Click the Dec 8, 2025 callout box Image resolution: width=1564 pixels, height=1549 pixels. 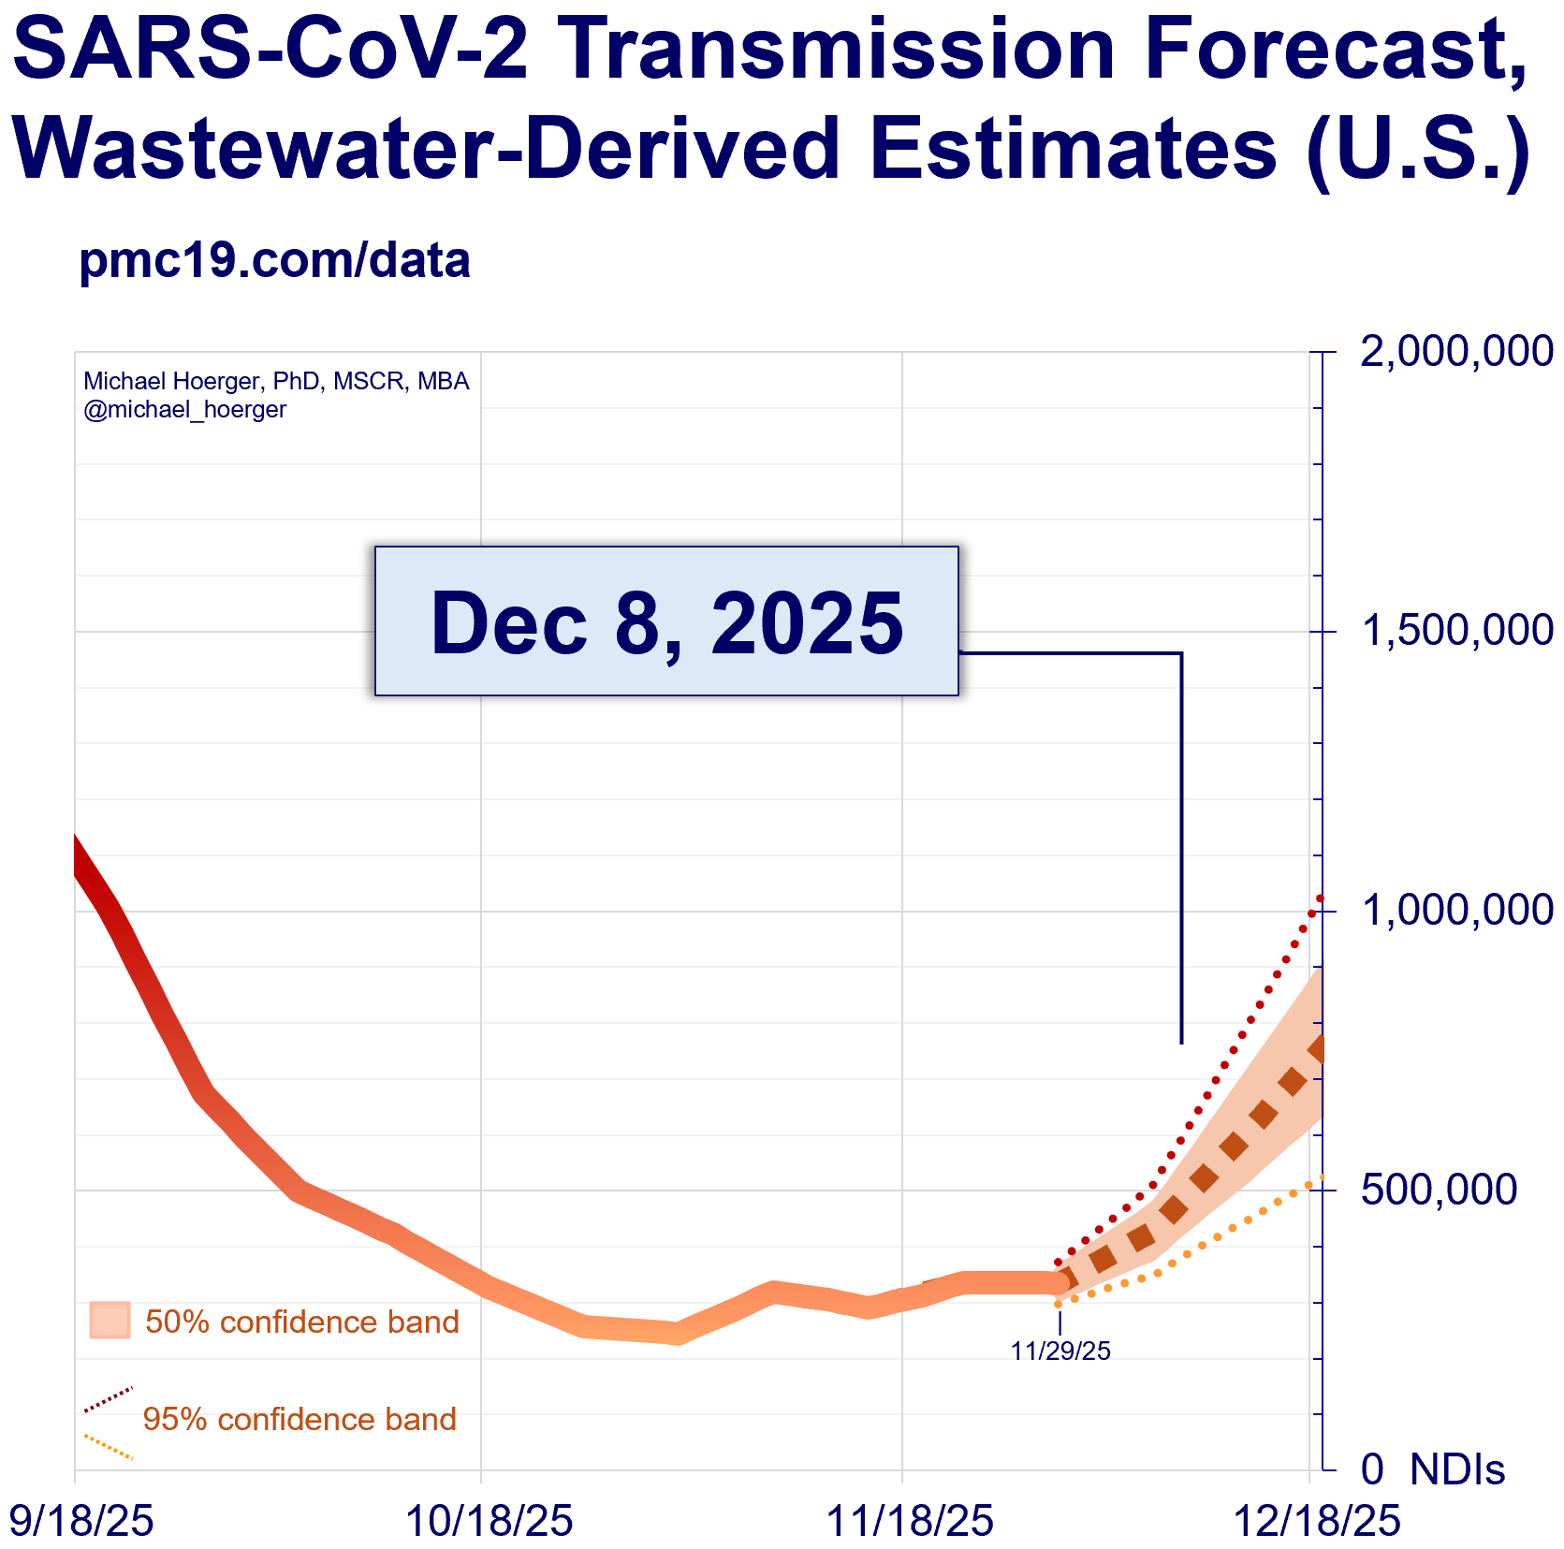coord(666,621)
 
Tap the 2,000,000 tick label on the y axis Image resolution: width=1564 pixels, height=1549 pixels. coord(1456,352)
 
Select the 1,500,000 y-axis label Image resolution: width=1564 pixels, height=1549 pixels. coord(1456,631)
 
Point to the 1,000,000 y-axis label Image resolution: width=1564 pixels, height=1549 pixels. coord(1456,910)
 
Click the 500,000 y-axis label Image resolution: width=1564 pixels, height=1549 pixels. coord(1439,1190)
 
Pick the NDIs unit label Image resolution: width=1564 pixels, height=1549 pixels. coord(1457,1469)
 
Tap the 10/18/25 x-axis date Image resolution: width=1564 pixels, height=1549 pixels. coord(489,1521)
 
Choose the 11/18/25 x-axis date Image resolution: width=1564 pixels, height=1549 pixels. coord(909,1521)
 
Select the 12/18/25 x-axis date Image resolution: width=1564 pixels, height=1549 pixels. coord(1317,1521)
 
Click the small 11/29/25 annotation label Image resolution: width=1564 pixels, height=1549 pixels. coord(1060,1351)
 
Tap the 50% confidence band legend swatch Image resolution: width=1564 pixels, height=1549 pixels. coord(110,1321)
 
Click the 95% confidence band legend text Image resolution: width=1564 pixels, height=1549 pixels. coord(300,1419)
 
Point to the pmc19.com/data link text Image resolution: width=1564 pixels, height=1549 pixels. coord(274,260)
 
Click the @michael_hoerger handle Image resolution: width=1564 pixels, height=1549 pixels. coord(184,410)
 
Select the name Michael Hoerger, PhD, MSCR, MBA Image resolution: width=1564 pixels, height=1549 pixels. coord(276,381)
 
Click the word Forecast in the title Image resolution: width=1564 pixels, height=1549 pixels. coord(1335,49)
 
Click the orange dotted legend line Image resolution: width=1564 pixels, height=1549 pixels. coord(109,1446)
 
